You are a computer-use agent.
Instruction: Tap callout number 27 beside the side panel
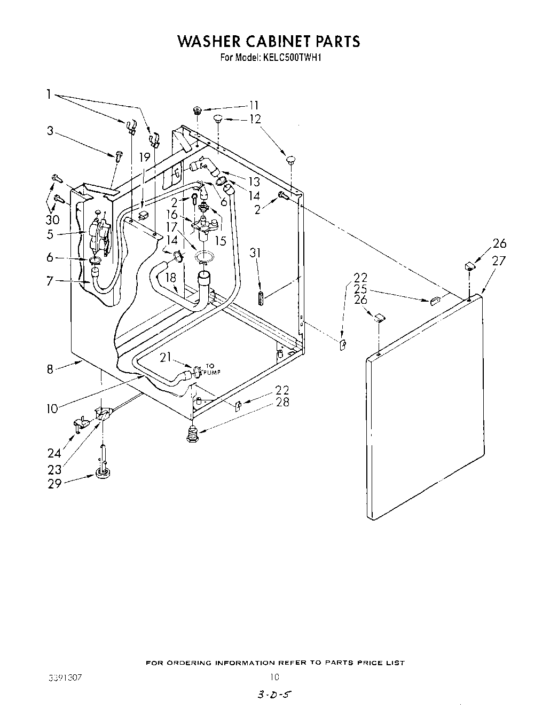(499, 261)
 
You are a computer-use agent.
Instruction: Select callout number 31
(256, 253)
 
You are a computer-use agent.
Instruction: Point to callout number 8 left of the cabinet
(50, 369)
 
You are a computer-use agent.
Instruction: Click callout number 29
(55, 483)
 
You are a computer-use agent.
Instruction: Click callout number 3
(50, 131)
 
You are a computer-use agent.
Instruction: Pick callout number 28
(282, 402)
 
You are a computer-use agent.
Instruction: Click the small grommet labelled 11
(197, 111)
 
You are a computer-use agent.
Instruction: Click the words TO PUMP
(213, 369)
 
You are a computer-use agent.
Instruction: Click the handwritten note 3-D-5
(275, 696)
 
